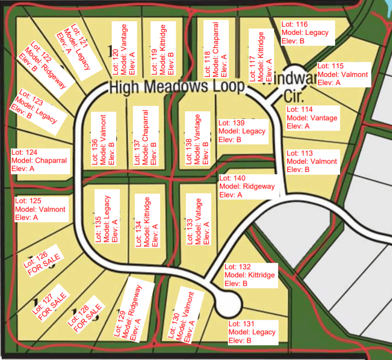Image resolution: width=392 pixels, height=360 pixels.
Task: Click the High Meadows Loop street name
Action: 177,86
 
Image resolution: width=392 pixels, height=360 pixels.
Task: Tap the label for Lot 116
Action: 307,33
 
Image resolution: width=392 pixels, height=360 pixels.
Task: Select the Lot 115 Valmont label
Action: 343,74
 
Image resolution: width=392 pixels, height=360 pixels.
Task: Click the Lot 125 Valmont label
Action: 40,209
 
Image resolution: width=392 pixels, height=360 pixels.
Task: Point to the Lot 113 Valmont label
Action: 312,161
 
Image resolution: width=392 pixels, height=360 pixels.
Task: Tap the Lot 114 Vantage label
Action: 312,118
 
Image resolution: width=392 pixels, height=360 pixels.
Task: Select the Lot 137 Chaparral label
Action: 145,137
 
